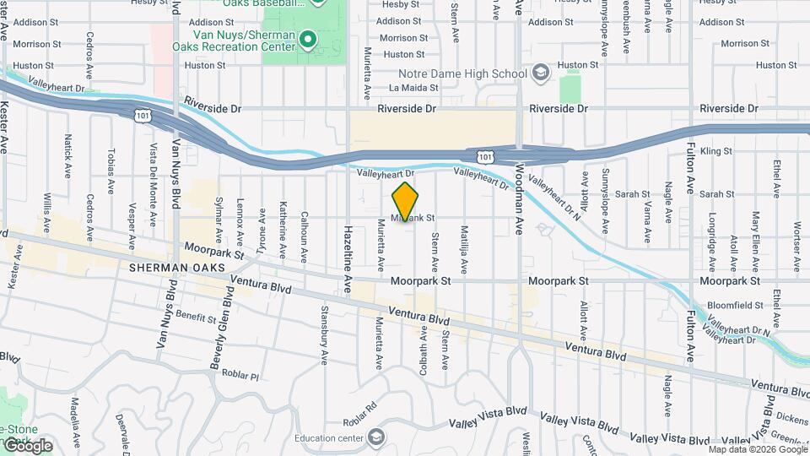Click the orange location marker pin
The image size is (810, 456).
coord(405,202)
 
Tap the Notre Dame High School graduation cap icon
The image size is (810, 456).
coord(540,74)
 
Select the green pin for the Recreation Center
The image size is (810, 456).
coord(308,39)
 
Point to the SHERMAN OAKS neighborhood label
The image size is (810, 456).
coord(177,268)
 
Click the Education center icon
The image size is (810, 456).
coord(375,437)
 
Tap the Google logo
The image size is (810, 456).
coord(27,446)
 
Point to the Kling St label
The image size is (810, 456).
coord(715,151)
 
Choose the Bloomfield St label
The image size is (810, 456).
coord(736,305)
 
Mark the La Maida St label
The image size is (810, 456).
coord(413,87)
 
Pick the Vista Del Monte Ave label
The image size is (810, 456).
coord(154,197)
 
